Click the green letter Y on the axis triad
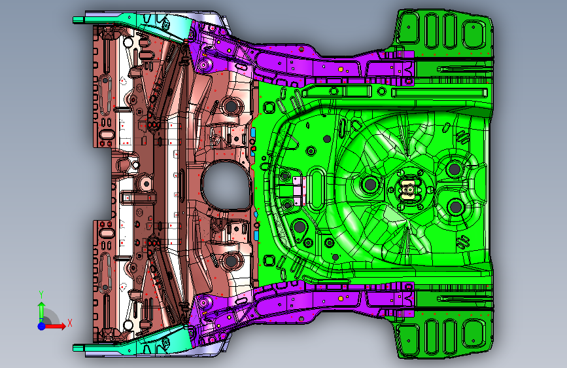(41, 294)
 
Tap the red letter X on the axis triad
(69, 322)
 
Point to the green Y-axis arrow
(41, 308)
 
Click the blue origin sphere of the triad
(41, 325)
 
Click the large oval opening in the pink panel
(226, 184)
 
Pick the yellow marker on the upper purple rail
(341, 67)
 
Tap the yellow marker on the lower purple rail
(341, 299)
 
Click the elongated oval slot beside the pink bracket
(318, 186)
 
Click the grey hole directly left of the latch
(369, 185)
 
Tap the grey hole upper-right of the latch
(454, 168)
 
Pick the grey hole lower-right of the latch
(455, 208)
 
